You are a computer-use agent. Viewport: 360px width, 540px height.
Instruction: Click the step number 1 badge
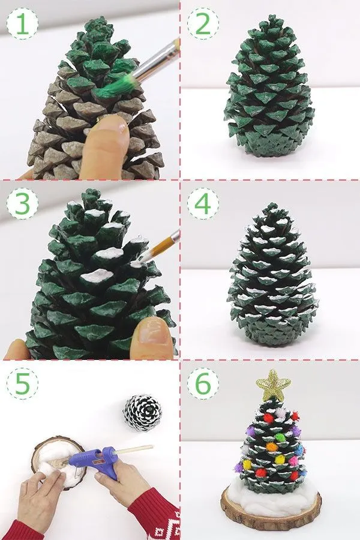[x=22, y=23]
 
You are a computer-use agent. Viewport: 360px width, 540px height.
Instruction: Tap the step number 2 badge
[x=203, y=23]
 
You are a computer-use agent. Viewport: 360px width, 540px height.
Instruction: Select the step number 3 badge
[x=22, y=203]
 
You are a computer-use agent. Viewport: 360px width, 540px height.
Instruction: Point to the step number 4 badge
[x=203, y=203]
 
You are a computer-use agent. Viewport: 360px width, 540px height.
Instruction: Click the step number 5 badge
[x=22, y=383]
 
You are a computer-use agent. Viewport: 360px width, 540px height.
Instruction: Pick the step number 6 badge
[x=203, y=383]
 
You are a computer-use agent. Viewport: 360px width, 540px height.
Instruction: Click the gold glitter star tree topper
[x=273, y=386]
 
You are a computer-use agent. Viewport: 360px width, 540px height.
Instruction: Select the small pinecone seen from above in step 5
[x=142, y=413]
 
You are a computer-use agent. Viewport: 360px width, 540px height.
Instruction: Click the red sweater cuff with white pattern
[x=155, y=517]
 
